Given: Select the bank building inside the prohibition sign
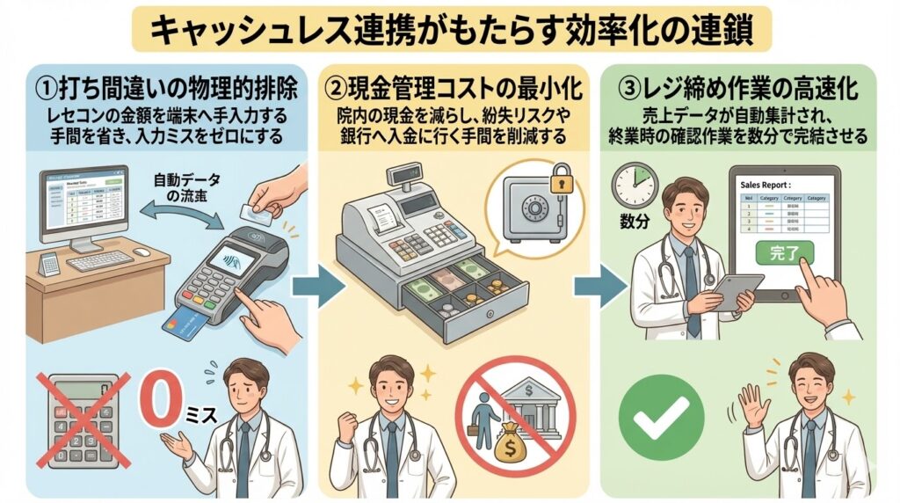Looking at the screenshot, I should pyautogui.click(x=530, y=405).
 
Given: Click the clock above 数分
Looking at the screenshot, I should pyautogui.click(x=635, y=185).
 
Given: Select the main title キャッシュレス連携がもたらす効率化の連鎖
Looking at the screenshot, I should pyautogui.click(x=450, y=30).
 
